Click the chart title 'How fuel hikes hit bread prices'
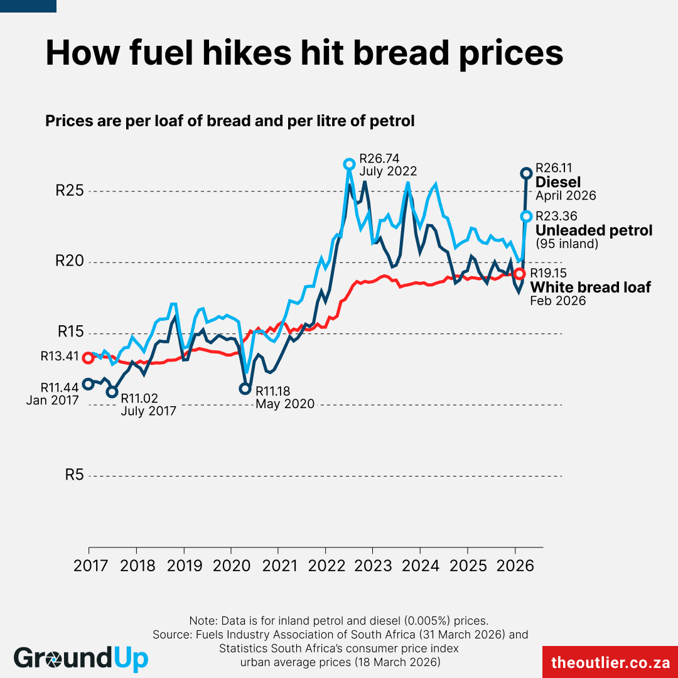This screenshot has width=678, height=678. (304, 53)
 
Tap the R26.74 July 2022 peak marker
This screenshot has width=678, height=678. (350, 164)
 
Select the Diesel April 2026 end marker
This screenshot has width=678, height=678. (527, 173)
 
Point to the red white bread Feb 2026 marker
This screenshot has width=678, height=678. (519, 274)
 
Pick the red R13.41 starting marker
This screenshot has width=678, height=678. (88, 358)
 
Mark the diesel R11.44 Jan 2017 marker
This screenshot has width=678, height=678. (88, 384)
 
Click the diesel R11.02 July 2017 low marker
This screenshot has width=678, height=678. (112, 392)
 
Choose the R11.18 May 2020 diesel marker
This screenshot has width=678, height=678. (245, 389)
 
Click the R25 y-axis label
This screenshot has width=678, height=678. (70, 191)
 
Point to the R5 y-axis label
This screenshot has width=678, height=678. (73, 475)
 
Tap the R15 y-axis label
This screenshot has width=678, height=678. (70, 333)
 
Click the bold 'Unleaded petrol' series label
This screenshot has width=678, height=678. (593, 230)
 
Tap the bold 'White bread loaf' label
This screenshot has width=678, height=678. (590, 288)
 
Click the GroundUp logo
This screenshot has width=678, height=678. (81, 658)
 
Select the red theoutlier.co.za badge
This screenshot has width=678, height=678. (610, 662)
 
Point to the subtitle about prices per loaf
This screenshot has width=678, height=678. (230, 121)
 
